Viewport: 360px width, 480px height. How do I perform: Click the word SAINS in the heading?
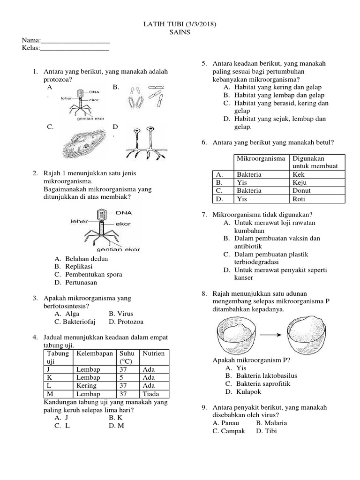[180, 32]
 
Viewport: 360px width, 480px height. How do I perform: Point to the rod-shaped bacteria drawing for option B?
[146, 98]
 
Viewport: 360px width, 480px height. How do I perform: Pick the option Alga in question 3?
[72, 314]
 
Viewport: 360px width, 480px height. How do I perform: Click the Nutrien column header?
[154, 353]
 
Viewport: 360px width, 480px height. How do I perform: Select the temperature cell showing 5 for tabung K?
[124, 377]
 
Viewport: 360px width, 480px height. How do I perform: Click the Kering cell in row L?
[86, 385]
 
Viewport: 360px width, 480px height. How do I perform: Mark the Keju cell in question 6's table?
[300, 183]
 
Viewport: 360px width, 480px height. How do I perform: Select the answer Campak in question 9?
[229, 431]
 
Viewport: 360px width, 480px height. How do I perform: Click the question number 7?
[204, 215]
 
